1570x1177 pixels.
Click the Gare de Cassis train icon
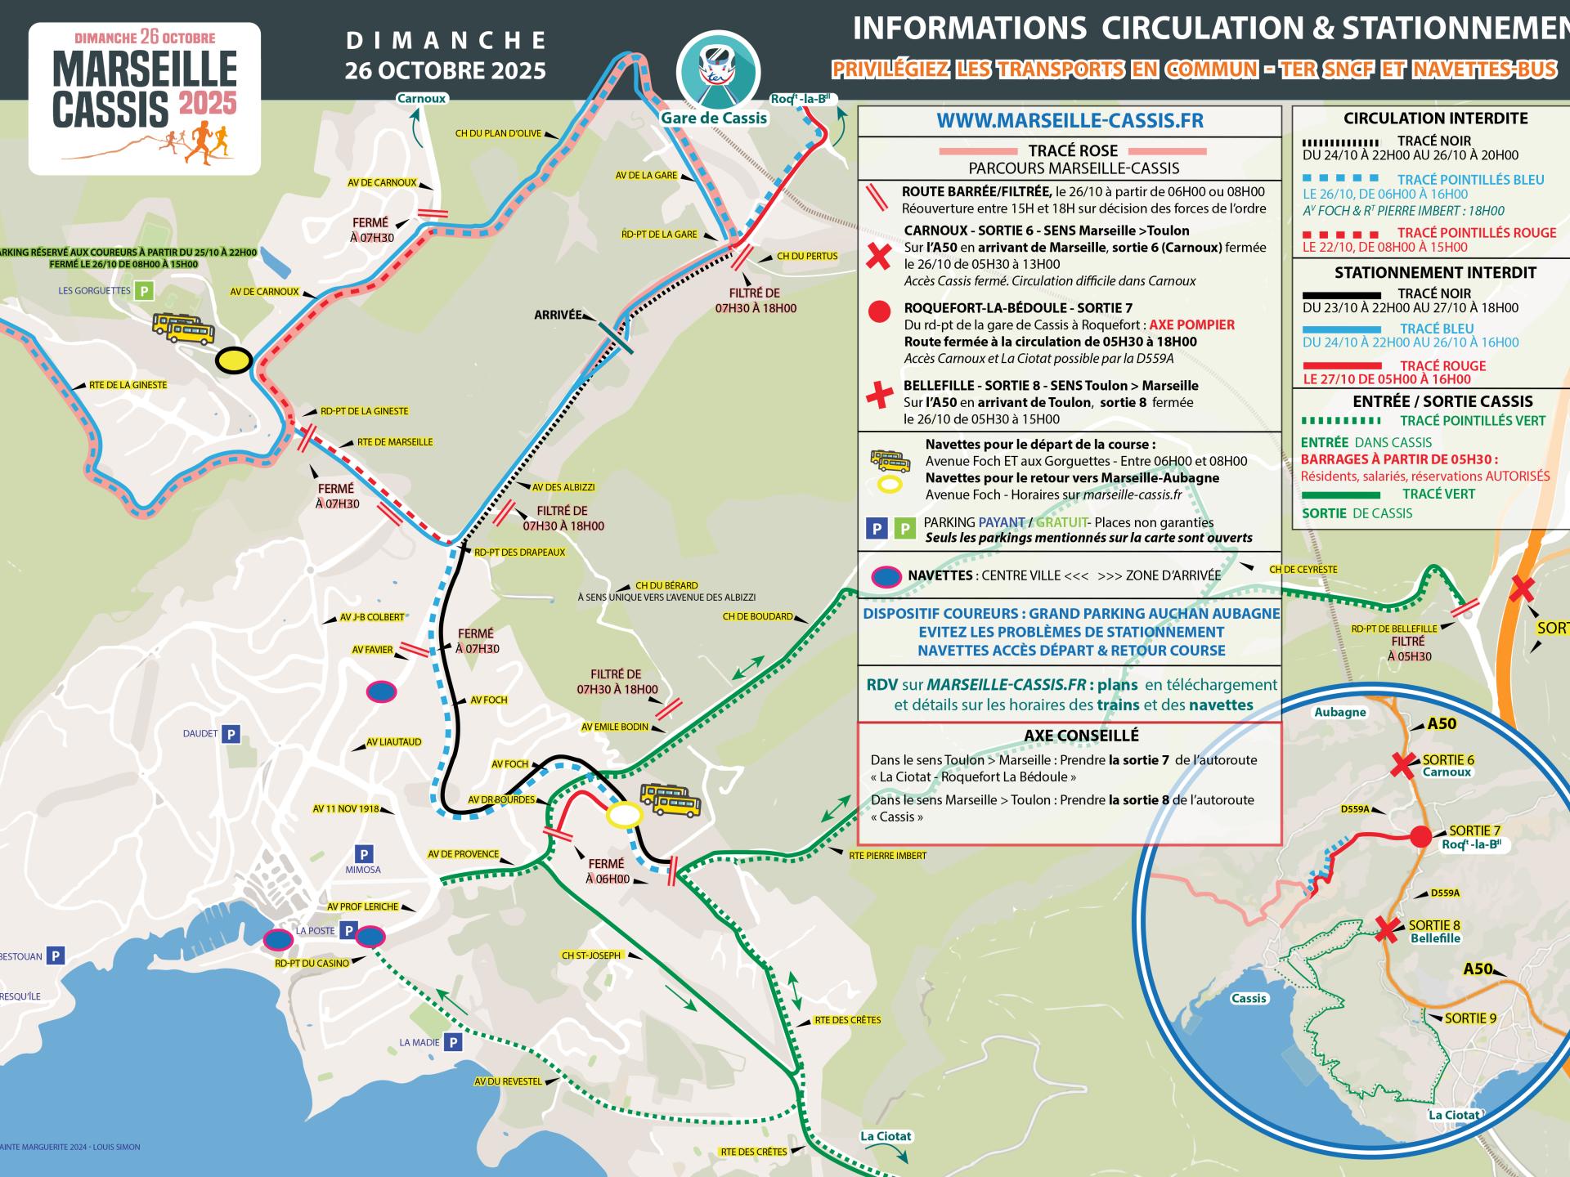tap(718, 71)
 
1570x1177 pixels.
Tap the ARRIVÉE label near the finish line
tap(558, 315)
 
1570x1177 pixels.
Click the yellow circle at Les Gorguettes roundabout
tap(233, 360)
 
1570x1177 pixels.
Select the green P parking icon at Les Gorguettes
tap(145, 290)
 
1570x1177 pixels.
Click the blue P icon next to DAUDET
tap(231, 734)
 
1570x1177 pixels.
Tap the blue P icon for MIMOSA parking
tap(362, 852)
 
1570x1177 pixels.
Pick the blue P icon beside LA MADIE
tap(453, 1042)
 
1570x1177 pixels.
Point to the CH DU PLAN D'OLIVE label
tap(498, 133)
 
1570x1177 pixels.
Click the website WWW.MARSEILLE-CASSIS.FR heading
tap(1070, 121)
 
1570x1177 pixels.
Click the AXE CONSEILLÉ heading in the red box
tap(1070, 736)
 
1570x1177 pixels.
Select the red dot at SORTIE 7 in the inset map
tap(1421, 836)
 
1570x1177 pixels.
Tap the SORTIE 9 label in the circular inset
tap(1470, 1018)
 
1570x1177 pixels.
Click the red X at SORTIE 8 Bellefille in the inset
tap(1386, 929)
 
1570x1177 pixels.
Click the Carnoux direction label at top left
tap(421, 99)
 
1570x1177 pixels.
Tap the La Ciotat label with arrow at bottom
tap(885, 1136)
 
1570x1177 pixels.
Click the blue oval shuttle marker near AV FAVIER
tap(381, 692)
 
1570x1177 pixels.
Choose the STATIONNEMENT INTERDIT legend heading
tap(1435, 273)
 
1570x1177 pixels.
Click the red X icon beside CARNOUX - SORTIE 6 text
tap(878, 257)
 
